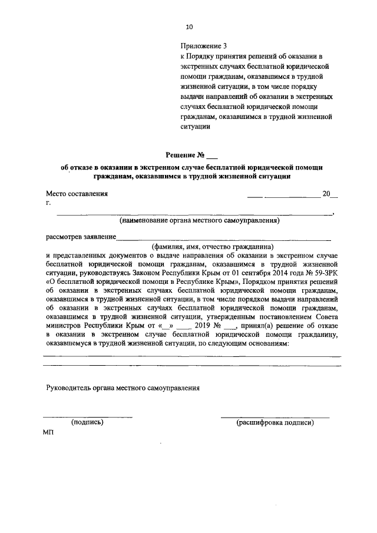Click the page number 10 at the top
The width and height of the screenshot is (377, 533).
(x=188, y=27)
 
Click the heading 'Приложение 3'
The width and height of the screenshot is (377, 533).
(x=203, y=46)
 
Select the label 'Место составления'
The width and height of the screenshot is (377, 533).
(x=77, y=194)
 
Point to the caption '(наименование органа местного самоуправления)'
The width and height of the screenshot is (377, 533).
(x=199, y=221)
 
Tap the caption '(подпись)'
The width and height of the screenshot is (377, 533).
(x=87, y=422)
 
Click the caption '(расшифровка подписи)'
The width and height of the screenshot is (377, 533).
(x=275, y=422)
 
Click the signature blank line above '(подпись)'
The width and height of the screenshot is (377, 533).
(x=87, y=416)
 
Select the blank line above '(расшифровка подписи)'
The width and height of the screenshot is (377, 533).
(x=275, y=416)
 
